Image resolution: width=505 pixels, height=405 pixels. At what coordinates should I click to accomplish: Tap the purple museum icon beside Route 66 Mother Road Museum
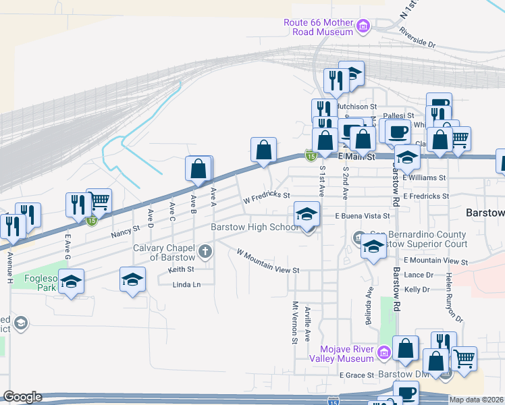coord(364,27)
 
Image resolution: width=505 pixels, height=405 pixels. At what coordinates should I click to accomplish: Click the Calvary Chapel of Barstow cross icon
coord(206,252)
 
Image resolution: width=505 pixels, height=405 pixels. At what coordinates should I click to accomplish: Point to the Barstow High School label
coord(254,227)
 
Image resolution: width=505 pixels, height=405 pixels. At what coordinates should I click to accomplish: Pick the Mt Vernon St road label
coord(294,321)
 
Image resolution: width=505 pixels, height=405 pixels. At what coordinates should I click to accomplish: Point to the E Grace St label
coord(356,375)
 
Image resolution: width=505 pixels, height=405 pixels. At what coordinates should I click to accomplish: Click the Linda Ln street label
coord(187,284)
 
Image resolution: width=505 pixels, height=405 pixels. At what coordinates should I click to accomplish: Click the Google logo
coord(22,397)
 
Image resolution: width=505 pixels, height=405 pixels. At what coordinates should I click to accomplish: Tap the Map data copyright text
coord(476,400)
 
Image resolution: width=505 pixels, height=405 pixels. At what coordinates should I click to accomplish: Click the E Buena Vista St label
coord(363,216)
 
